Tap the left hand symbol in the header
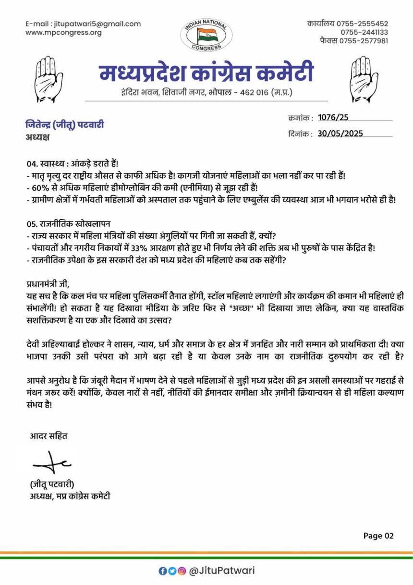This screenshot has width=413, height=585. point(49,79)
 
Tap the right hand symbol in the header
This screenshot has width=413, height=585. point(364,79)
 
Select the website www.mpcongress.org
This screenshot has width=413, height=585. point(63,33)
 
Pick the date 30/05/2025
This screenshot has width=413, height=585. point(340,134)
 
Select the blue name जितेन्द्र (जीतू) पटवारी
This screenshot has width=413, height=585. point(65,125)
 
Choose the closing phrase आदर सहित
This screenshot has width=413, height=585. point(49,436)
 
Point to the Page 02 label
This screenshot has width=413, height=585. point(378,535)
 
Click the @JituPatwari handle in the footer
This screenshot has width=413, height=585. point(221,571)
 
